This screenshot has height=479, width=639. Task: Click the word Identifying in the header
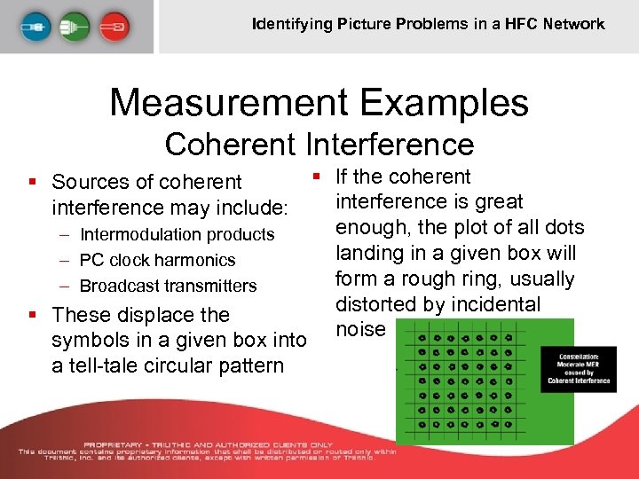point(291,24)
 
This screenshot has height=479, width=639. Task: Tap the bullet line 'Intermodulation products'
point(177,234)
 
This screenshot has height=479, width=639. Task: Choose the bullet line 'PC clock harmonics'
point(157,260)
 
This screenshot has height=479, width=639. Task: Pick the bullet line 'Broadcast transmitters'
point(168,286)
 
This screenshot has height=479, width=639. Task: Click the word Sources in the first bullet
point(91,182)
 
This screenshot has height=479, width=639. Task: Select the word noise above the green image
point(360,329)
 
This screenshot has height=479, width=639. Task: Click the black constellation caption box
point(583,367)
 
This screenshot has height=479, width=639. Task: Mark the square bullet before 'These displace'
point(32,314)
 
